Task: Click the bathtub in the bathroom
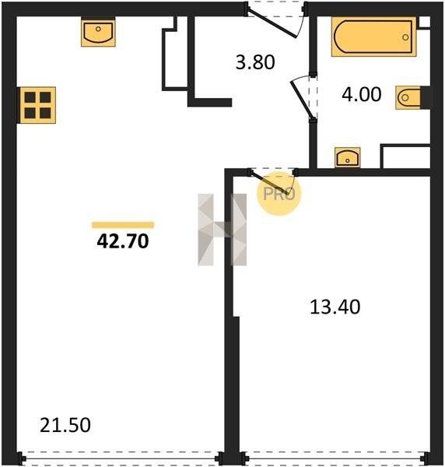coord(373,37)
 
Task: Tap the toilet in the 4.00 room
coord(408,97)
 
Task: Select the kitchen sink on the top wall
coord(98,32)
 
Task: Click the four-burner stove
coord(37,105)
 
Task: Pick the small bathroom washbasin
coord(348,157)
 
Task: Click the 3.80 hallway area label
coord(255,62)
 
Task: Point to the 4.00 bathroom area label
coord(361,94)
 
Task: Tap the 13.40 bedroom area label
coord(335,307)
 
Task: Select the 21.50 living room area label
coord(65,425)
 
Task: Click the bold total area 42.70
coord(123,241)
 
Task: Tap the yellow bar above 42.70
coord(123,225)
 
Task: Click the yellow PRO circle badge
coord(279,194)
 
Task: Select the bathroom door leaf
coord(302,99)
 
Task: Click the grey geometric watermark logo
coord(222,230)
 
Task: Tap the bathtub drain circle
coord(405,37)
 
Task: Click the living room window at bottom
coord(121,458)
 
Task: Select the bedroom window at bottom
coord(335,458)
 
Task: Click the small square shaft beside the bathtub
coord(424,23)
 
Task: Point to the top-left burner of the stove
coord(30,97)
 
